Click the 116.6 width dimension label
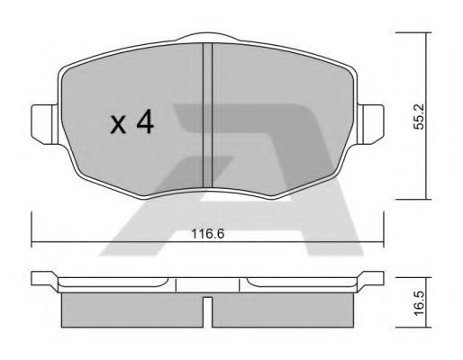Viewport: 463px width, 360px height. (x=208, y=234)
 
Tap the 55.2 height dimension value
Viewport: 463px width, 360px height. (x=419, y=116)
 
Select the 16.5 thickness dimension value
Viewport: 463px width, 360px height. (x=420, y=303)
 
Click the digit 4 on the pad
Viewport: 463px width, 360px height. (x=145, y=121)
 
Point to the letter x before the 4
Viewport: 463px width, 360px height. (x=118, y=125)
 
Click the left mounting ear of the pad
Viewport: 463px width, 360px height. (x=44, y=124)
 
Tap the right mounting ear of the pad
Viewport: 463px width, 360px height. (x=370, y=124)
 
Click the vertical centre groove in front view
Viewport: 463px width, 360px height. (x=207, y=115)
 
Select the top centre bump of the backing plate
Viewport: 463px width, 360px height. (x=207, y=37)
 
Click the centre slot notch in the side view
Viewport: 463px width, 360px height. (x=207, y=312)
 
